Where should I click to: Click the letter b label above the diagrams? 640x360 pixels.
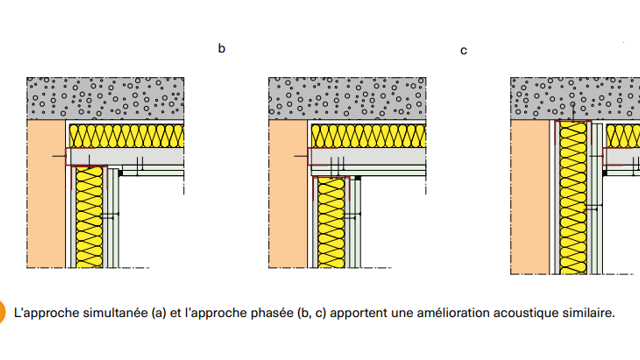click(222, 49)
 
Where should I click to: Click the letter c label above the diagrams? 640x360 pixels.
click(464, 51)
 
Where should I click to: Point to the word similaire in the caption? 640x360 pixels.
click(589, 313)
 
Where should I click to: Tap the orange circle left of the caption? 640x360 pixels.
click(2, 312)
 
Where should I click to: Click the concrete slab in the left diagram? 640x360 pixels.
click(105, 98)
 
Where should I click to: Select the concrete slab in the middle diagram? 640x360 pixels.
click(347, 98)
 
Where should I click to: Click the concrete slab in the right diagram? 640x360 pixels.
click(575, 98)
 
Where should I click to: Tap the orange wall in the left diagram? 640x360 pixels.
click(46, 194)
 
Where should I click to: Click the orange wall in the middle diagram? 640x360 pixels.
click(288, 194)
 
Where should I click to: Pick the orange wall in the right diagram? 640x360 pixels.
click(530, 197)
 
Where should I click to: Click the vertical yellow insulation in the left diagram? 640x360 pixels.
click(89, 218)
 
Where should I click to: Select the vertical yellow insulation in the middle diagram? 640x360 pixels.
click(331, 223)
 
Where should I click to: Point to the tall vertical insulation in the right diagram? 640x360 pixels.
click(573, 198)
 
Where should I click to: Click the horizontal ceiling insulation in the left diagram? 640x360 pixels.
click(127, 136)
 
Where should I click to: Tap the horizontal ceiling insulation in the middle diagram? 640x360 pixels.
click(369, 136)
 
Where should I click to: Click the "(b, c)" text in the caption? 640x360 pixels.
click(312, 313)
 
